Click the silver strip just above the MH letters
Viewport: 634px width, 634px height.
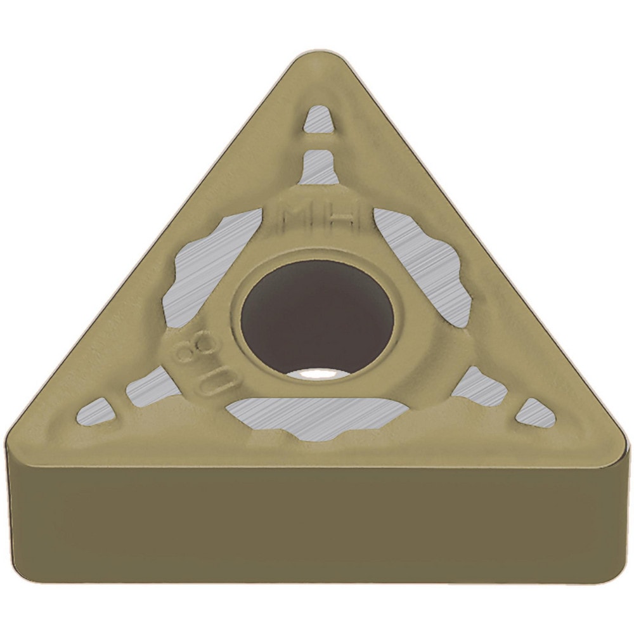[319, 167]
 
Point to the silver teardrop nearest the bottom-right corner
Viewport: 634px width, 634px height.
[536, 413]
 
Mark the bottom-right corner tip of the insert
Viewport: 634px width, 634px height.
[622, 444]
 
